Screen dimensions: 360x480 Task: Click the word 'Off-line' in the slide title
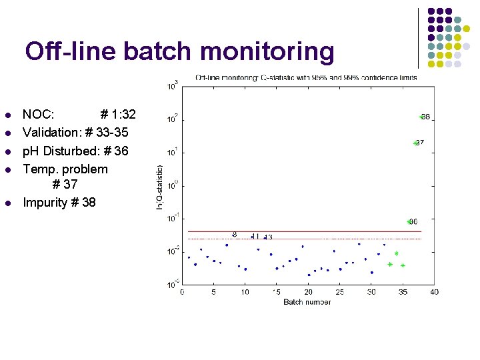(71, 51)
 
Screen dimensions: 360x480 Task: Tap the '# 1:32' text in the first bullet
(117, 114)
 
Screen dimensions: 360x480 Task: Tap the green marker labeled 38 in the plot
(421, 117)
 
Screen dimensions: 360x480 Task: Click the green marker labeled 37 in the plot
(415, 143)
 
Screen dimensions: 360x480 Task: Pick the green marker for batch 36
(409, 221)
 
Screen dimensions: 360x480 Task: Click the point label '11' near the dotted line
(256, 236)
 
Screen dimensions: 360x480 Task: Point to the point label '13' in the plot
(269, 237)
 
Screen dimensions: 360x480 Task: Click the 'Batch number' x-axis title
(307, 301)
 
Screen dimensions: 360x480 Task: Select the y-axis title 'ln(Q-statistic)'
(159, 187)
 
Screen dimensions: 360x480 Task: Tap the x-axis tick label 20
(308, 292)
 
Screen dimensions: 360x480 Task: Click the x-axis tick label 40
(434, 292)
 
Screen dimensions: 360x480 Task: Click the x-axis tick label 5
(213, 292)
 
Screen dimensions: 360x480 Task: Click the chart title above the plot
(306, 77)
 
